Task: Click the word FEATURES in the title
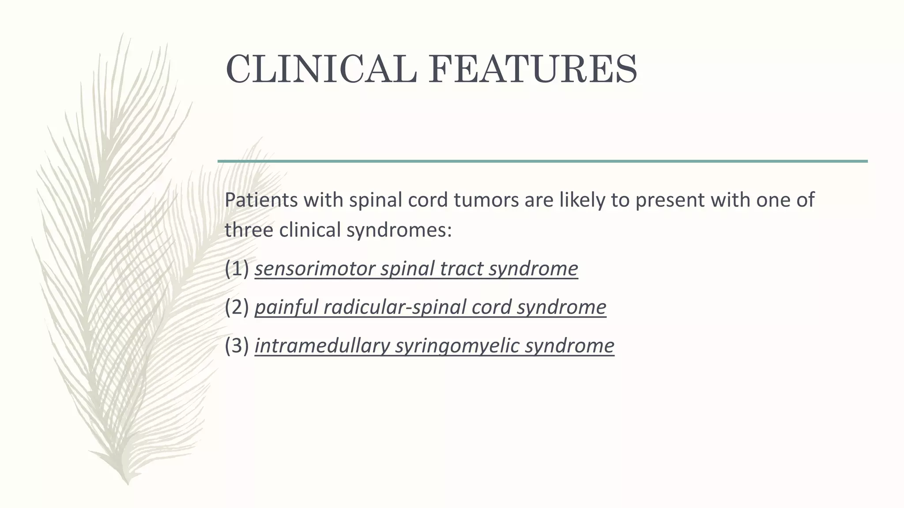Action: [x=533, y=70]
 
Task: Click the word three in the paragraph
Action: [x=248, y=230]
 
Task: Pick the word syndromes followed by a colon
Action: [x=399, y=230]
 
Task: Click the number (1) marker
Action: [x=237, y=269]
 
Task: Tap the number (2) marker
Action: [x=237, y=307]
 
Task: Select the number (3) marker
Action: [x=237, y=345]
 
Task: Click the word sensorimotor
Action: [x=314, y=269]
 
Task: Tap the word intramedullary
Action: [x=322, y=345]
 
